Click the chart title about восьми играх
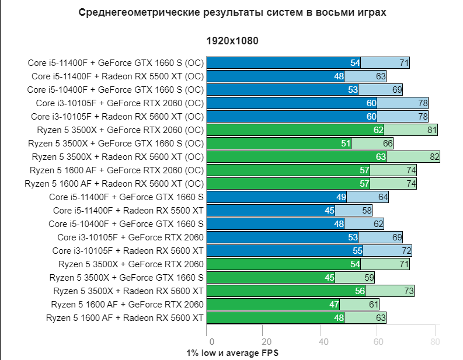(x=232, y=12)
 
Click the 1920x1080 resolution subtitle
(x=232, y=41)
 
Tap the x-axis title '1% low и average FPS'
(x=233, y=353)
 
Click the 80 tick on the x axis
(x=434, y=342)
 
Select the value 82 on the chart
(x=434, y=156)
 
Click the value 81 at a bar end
(x=432, y=130)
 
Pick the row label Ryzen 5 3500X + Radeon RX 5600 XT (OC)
(x=117, y=156)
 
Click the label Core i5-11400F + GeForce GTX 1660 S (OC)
(x=115, y=63)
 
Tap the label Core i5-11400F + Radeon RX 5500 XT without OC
(x=128, y=210)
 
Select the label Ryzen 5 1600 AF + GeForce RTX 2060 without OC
(x=127, y=304)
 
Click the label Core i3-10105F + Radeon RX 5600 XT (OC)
(x=117, y=116)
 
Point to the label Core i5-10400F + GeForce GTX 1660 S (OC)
(x=115, y=90)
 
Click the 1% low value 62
(x=379, y=130)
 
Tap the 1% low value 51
(x=346, y=143)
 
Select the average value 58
(x=367, y=210)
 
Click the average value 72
(x=406, y=250)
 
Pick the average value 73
(x=409, y=291)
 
